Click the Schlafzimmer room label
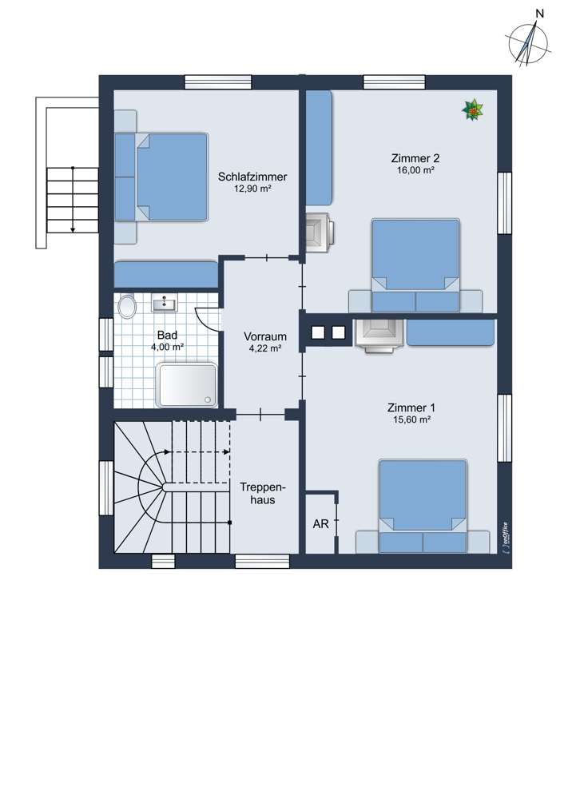click(252, 177)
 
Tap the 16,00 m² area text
click(415, 170)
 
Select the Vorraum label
click(265, 336)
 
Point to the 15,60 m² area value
click(412, 420)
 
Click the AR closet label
click(321, 524)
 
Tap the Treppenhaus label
click(263, 493)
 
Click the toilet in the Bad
click(127, 307)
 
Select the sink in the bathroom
click(165, 304)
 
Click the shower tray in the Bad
click(186, 385)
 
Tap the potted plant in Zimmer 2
click(472, 110)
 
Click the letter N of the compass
click(539, 14)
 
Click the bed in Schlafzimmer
click(161, 177)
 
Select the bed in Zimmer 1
click(423, 507)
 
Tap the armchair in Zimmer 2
click(320, 233)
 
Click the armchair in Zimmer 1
click(379, 336)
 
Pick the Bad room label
click(167, 335)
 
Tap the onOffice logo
click(504, 538)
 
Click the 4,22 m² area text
click(265, 348)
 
